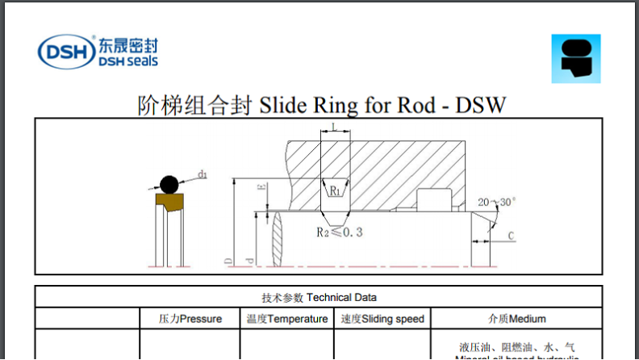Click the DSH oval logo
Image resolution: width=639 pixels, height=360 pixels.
pyautogui.click(x=65, y=52)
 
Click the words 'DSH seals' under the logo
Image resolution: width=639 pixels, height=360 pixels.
pyautogui.click(x=127, y=61)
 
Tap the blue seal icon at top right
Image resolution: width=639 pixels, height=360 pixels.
pyautogui.click(x=575, y=58)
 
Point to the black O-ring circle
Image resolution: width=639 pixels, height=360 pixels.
pyautogui.click(x=169, y=185)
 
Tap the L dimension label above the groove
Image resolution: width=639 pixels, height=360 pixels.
pyautogui.click(x=334, y=127)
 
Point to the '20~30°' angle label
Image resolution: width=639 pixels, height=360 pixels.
pyautogui.click(x=497, y=201)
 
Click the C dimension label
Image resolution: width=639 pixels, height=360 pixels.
pyautogui.click(x=512, y=237)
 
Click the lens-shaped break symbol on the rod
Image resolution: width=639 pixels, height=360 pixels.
pyautogui.click(x=278, y=237)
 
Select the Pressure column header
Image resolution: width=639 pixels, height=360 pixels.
pyautogui.click(x=190, y=319)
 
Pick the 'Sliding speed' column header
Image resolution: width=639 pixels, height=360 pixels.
pyautogui.click(x=382, y=319)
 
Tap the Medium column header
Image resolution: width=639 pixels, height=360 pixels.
pyautogui.click(x=517, y=319)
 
